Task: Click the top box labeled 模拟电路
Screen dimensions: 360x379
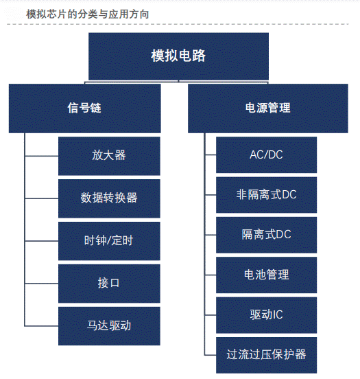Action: (x=178, y=56)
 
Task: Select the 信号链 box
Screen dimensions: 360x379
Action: (x=85, y=108)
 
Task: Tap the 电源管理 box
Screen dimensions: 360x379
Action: (x=268, y=108)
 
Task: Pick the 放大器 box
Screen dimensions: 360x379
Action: (x=109, y=156)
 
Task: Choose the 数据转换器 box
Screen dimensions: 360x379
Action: (x=109, y=198)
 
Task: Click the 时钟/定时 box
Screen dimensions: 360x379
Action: (x=109, y=241)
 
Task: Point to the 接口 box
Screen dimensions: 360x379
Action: (x=109, y=284)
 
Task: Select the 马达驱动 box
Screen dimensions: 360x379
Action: (x=109, y=326)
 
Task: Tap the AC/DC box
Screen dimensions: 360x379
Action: (x=266, y=155)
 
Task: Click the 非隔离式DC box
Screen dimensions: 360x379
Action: (x=266, y=195)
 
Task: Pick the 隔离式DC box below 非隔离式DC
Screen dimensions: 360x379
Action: (x=266, y=235)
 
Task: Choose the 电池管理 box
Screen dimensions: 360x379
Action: (x=266, y=275)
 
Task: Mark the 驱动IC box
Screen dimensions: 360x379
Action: (x=266, y=315)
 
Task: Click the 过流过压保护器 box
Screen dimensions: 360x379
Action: (x=266, y=356)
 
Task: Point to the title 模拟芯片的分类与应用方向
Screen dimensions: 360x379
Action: (x=87, y=14)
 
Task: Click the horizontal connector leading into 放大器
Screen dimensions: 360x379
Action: (x=42, y=156)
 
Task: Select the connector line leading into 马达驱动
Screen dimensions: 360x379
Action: (x=42, y=326)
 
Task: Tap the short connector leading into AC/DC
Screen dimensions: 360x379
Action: (x=211, y=154)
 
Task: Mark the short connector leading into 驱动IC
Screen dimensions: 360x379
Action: (x=211, y=315)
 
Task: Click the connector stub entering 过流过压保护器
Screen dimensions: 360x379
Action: (x=211, y=355)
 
